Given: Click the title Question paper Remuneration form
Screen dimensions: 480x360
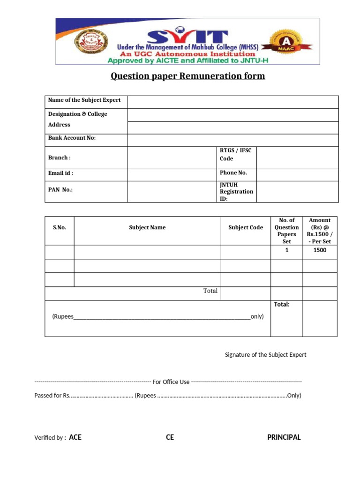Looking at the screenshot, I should pyautogui.click(x=187, y=76).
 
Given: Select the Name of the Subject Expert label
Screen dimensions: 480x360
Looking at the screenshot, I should pyautogui.click(x=84, y=100).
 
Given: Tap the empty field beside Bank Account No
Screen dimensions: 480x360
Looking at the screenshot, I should pyautogui.click(x=233, y=140).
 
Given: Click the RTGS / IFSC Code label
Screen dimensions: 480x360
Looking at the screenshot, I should pyautogui.click(x=236, y=154).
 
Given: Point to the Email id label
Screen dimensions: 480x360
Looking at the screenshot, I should pyautogui.click(x=61, y=173).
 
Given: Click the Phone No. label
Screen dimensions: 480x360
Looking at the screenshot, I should pyautogui.click(x=233, y=172).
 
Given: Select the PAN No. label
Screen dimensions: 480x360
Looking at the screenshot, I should pyautogui.click(x=60, y=190).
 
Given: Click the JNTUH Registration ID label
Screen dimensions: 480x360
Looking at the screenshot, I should pyautogui.click(x=236, y=191).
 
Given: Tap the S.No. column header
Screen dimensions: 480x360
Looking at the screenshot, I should pyautogui.click(x=60, y=227).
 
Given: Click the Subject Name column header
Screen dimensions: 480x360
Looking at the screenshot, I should pyautogui.click(x=147, y=227).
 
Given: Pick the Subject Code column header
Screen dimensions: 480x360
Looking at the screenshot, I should pyautogui.click(x=246, y=227).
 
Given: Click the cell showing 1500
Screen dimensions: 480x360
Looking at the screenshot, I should pyautogui.click(x=320, y=250).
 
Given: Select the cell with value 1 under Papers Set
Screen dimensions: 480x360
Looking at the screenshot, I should pyautogui.click(x=287, y=250).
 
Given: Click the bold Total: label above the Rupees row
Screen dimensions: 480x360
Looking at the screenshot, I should pyautogui.click(x=282, y=304).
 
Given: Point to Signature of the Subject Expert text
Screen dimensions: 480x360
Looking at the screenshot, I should pyautogui.click(x=265, y=355).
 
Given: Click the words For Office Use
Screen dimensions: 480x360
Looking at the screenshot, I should pyautogui.click(x=171, y=382).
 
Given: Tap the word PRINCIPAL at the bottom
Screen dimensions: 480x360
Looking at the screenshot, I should pyautogui.click(x=284, y=437).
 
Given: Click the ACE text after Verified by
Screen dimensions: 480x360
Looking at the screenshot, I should pyautogui.click(x=75, y=437).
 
